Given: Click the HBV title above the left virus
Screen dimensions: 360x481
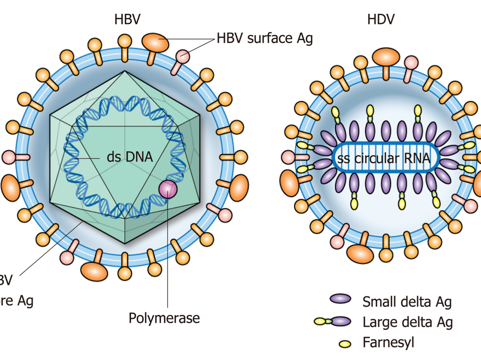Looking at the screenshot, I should pos(127,19).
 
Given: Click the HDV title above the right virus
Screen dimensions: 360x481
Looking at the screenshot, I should pos(381,19).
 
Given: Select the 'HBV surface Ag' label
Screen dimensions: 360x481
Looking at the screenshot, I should pos(264,38).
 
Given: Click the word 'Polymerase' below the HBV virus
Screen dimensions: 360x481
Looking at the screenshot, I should pos(164,318).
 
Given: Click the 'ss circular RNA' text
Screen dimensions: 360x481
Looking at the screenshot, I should pos(384,158).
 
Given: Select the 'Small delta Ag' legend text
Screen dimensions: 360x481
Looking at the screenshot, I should pos(407,301).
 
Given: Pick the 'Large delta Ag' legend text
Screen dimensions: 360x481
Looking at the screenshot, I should pos(407,322).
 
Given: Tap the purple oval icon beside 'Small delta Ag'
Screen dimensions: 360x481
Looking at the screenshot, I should pos(340,299).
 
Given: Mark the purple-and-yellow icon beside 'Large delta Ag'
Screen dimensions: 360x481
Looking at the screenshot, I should pos(333,322).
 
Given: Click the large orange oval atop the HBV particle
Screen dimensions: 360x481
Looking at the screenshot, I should pos(155,43).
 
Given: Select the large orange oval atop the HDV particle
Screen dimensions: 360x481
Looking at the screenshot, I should pos(385,56).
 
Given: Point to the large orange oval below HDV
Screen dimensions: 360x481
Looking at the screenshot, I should pos(360,253).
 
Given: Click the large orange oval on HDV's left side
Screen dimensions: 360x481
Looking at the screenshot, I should pos(289,183).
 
